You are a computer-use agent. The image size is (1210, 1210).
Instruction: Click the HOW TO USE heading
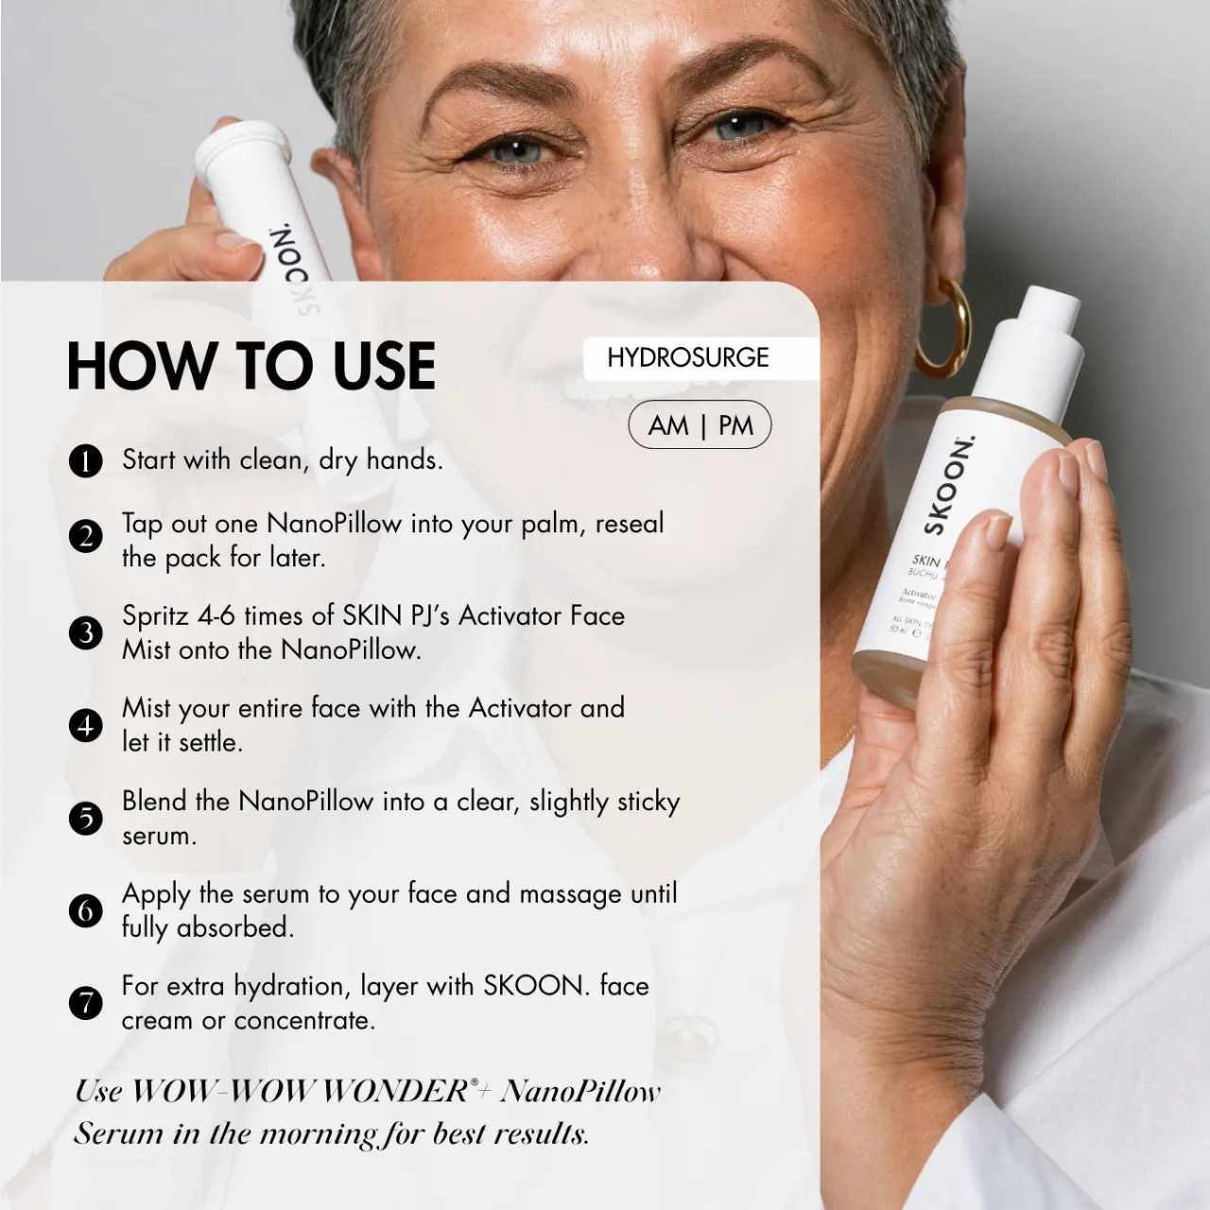[251, 366]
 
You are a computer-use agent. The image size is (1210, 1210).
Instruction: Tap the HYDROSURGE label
[687, 358]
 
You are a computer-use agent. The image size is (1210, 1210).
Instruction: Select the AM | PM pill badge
[700, 425]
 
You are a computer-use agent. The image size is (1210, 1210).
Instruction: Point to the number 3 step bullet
[85, 632]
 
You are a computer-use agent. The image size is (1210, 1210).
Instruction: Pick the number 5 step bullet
[85, 819]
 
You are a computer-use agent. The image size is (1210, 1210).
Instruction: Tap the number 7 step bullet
[85, 1003]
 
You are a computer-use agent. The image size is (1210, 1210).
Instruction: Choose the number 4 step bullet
[85, 725]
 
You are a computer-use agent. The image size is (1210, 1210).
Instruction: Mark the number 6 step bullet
[85, 910]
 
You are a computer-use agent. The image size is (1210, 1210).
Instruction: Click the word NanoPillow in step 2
[334, 524]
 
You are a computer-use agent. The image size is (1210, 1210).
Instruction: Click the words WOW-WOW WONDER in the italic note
[298, 1092]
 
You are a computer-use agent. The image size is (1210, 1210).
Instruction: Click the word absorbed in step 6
[234, 928]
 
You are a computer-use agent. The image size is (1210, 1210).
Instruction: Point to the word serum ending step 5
[160, 837]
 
